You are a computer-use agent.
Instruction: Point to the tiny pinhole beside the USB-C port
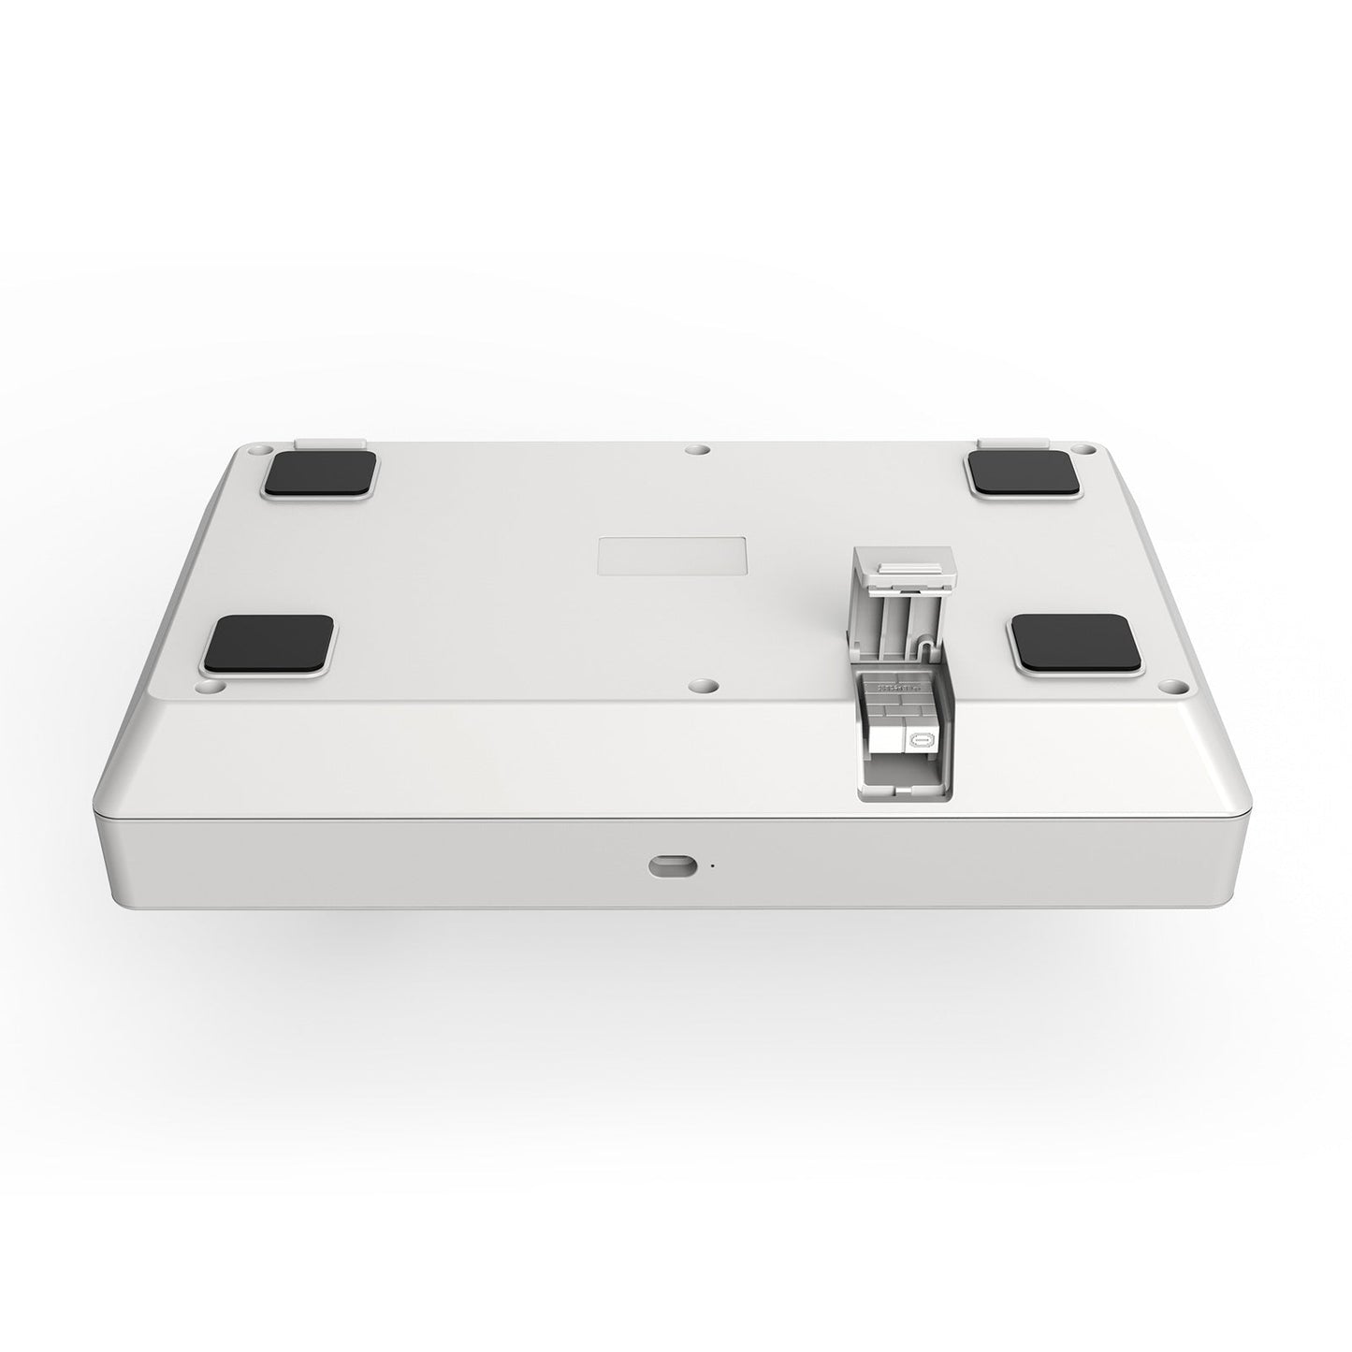click(x=712, y=865)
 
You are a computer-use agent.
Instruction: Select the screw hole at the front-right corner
click(x=1166, y=685)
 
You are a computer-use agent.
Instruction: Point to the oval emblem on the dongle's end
click(x=923, y=739)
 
